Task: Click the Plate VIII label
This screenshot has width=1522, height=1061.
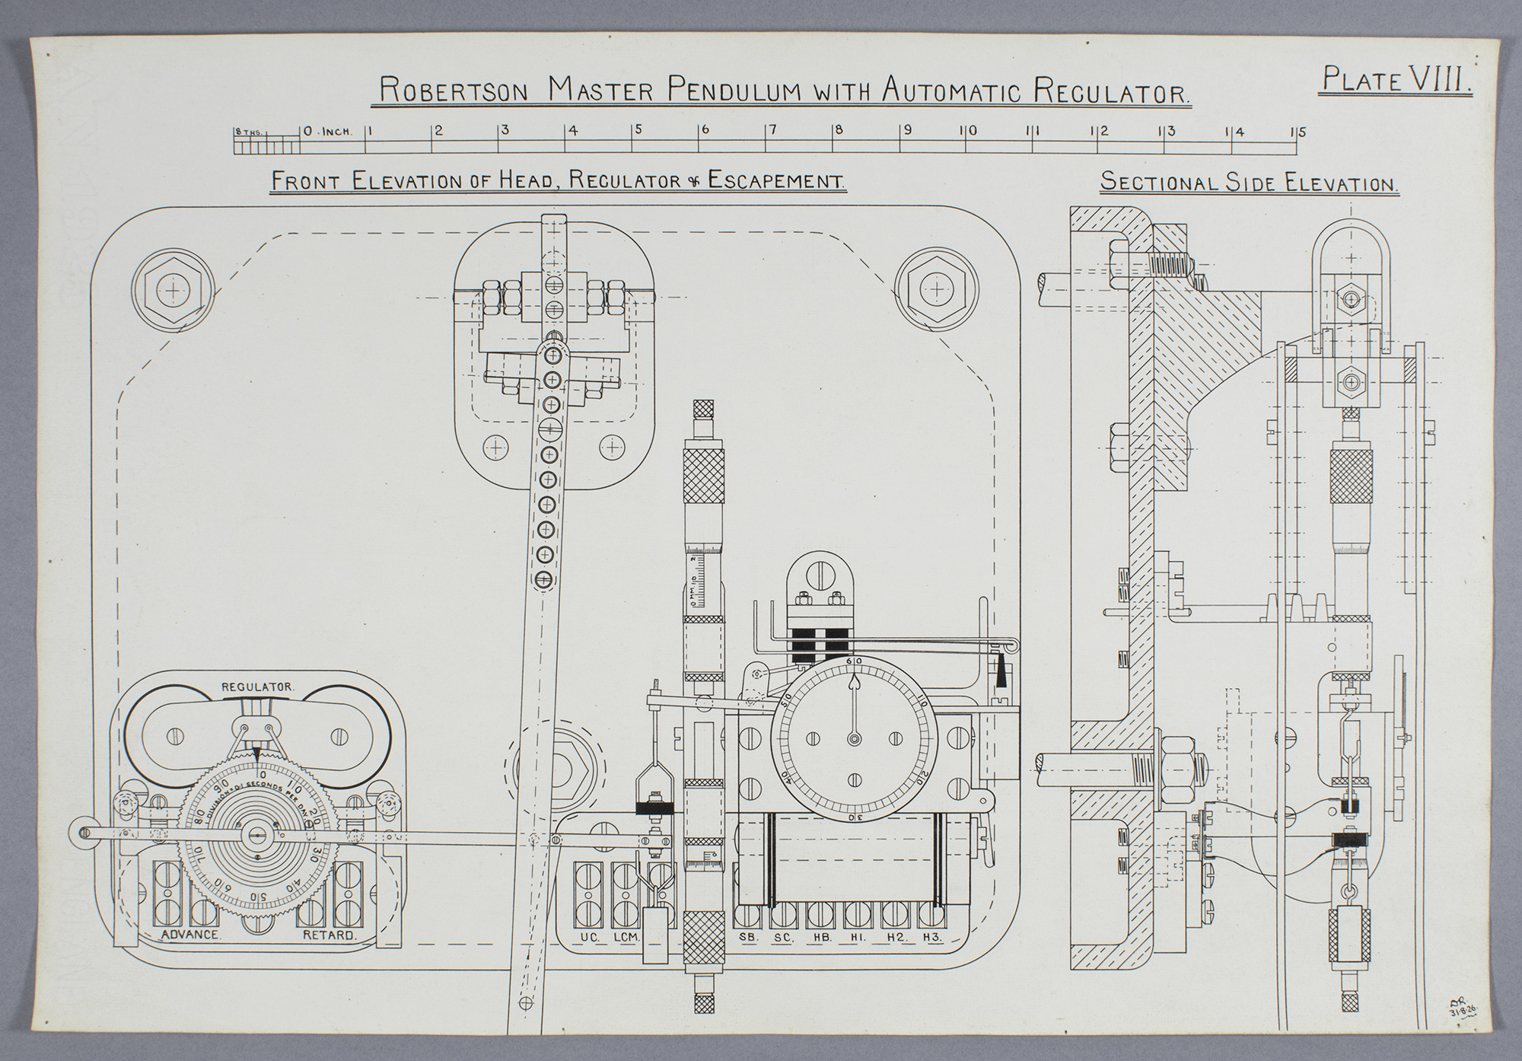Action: click(x=1396, y=79)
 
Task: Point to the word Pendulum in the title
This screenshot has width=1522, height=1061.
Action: click(x=731, y=91)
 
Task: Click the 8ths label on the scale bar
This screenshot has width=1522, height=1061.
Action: click(x=247, y=132)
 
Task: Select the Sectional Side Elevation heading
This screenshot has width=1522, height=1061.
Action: click(x=1250, y=183)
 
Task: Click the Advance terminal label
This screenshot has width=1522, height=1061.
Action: click(x=190, y=935)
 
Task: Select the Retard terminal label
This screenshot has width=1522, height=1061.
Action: click(x=329, y=935)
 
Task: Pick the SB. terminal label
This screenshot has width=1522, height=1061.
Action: click(x=749, y=938)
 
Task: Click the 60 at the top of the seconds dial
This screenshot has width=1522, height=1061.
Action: click(x=854, y=661)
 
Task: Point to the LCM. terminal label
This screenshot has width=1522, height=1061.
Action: click(x=629, y=938)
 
